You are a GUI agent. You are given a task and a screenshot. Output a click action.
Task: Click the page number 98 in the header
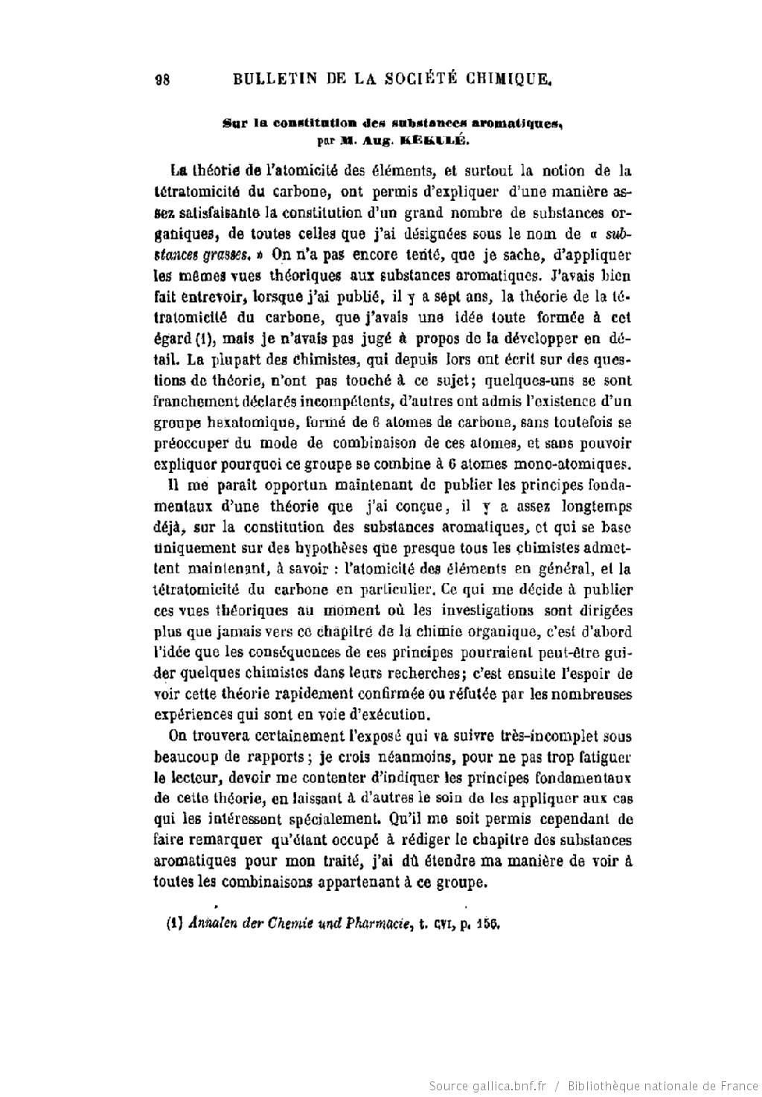[162, 80]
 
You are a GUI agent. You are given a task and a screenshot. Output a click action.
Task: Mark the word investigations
[487, 611]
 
